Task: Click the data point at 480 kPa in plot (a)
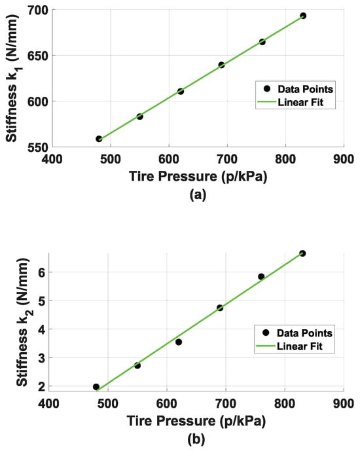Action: click(x=99, y=139)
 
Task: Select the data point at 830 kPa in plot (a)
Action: click(x=303, y=16)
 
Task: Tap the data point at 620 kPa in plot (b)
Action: click(x=179, y=342)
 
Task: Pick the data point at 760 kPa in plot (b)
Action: click(x=261, y=277)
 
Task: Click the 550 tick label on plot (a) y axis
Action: click(x=37, y=147)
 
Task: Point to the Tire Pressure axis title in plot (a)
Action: click(x=198, y=176)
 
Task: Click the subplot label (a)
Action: click(x=198, y=194)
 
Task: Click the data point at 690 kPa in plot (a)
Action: click(x=221, y=65)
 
